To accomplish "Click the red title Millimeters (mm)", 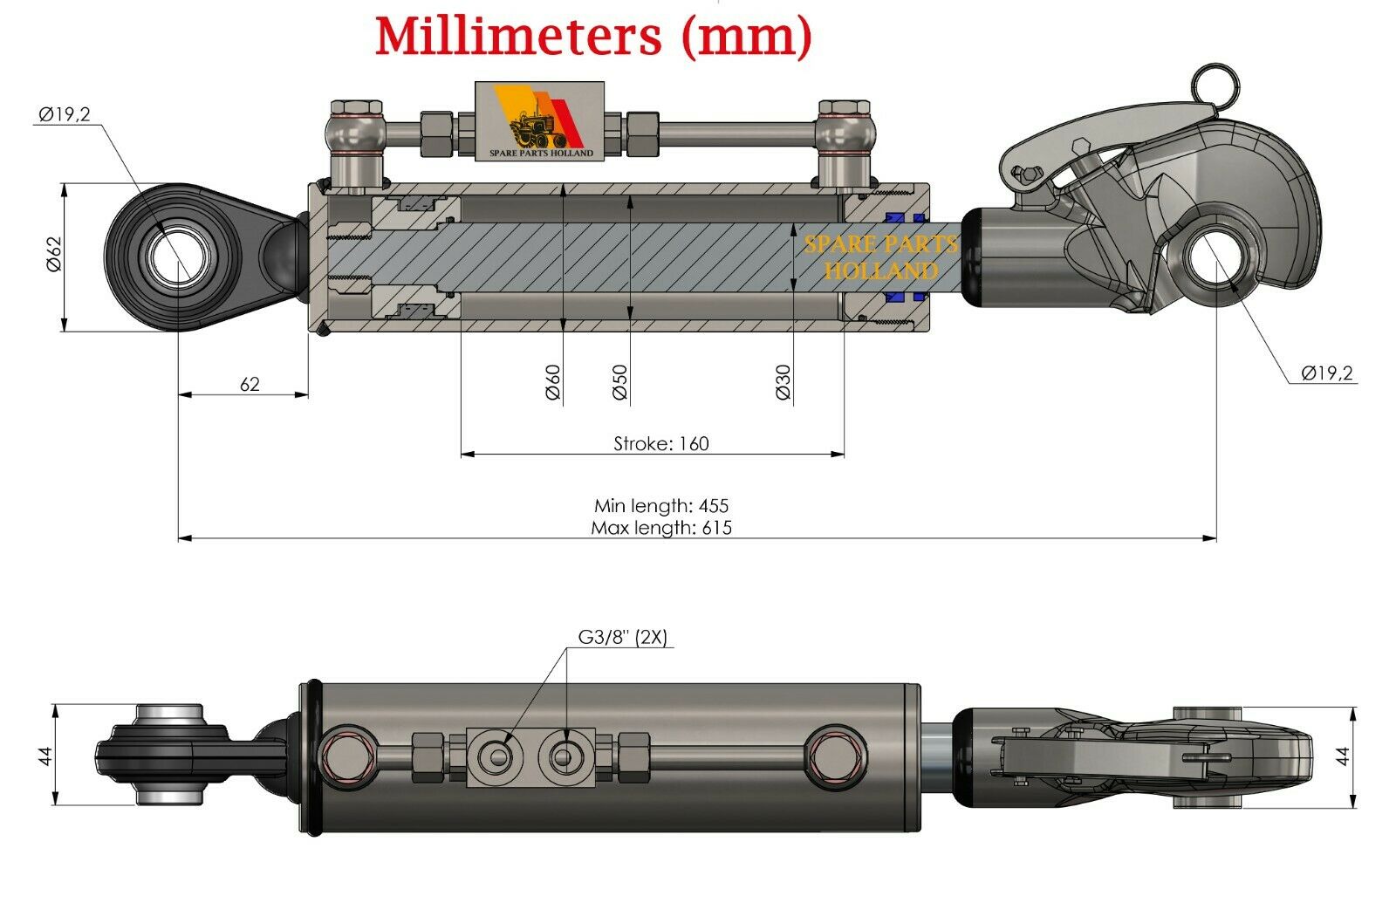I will tap(593, 37).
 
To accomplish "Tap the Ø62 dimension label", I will tap(54, 254).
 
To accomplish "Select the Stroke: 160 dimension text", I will tap(660, 443).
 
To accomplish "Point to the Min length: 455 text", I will tap(660, 505).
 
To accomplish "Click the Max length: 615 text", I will tap(660, 527).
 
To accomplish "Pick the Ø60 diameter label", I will tap(552, 382).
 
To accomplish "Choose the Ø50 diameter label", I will tap(619, 382).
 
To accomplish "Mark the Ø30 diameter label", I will tap(783, 382).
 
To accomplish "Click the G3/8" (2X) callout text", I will tap(622, 638).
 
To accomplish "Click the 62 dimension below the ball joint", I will tap(250, 384).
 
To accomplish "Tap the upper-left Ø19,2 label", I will tap(65, 114).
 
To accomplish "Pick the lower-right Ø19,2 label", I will tap(1326, 373).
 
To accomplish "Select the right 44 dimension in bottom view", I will tap(1345, 756).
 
